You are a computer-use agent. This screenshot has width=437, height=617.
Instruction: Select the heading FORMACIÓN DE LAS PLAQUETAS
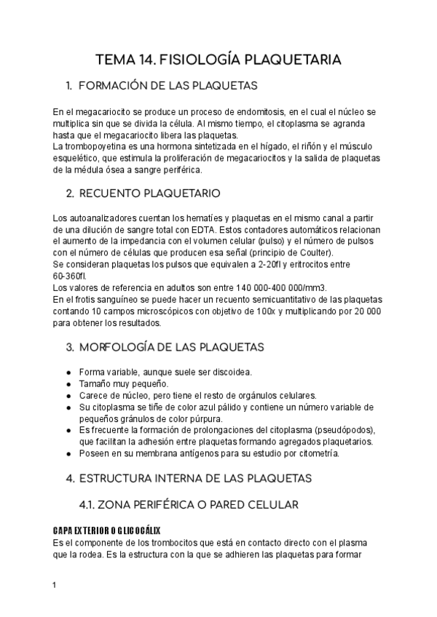161,86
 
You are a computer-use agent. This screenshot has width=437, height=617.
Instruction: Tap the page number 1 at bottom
55,584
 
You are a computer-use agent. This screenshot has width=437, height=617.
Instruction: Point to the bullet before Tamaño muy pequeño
68,384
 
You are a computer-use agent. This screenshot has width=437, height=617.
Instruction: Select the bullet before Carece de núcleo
68,396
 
